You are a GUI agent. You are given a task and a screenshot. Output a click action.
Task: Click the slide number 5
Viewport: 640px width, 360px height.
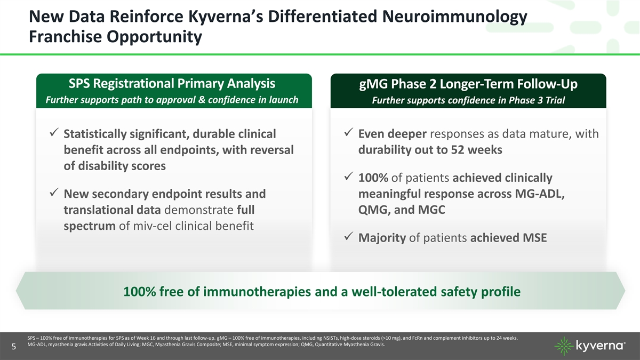pyautogui.click(x=14, y=347)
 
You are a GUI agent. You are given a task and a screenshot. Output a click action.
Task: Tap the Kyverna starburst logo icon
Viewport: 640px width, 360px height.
pyautogui.click(x=564, y=346)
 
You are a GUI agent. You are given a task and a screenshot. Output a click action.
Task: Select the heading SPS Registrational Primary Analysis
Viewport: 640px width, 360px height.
pyautogui.click(x=172, y=84)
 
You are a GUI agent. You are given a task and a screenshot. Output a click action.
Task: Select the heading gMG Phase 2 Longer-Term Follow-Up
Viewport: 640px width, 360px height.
pyautogui.click(x=468, y=84)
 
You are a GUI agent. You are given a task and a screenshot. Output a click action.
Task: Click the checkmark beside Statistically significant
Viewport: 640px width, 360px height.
pyautogui.click(x=54, y=132)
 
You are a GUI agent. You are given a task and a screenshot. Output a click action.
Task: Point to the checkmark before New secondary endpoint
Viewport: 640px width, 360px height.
pyautogui.click(x=54, y=192)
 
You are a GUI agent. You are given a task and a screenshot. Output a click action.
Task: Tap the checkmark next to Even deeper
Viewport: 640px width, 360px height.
pyautogui.click(x=349, y=132)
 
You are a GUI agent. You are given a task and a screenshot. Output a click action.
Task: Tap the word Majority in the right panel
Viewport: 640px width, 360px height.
pyautogui.click(x=382, y=238)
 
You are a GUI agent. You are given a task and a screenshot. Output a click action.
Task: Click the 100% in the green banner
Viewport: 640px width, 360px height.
pyautogui.click(x=139, y=291)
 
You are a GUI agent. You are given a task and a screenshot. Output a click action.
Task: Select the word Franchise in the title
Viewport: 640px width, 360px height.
pyautogui.click(x=66, y=37)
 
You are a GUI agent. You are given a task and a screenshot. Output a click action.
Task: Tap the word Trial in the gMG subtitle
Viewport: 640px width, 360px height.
pyautogui.click(x=555, y=100)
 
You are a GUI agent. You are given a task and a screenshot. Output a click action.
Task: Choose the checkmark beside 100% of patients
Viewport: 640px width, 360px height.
pyautogui.click(x=349, y=176)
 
